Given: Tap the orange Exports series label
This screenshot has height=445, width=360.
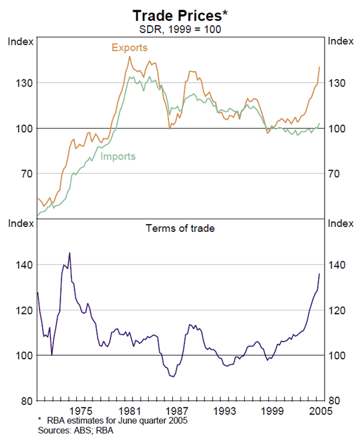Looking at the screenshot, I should coord(129,47).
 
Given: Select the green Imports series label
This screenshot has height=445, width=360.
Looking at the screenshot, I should coord(118,157).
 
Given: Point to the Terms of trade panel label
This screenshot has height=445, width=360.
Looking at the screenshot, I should coord(180,228).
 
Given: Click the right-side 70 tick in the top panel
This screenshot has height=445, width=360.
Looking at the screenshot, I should coord(337,174).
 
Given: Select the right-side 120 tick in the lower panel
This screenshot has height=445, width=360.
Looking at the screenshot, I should coord(337,310).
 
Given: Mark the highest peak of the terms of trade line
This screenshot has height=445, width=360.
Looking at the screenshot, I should coord(70,253).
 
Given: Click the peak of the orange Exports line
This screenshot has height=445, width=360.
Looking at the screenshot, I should coord(130,56).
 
